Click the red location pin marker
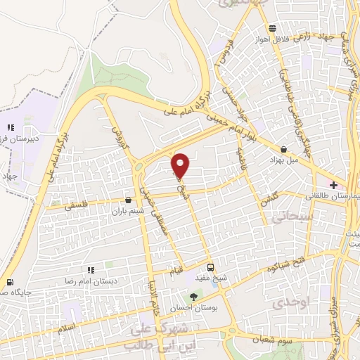(181, 166)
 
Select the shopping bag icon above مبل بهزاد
(283, 149)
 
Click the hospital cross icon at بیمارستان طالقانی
(333, 184)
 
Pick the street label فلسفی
(78, 207)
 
